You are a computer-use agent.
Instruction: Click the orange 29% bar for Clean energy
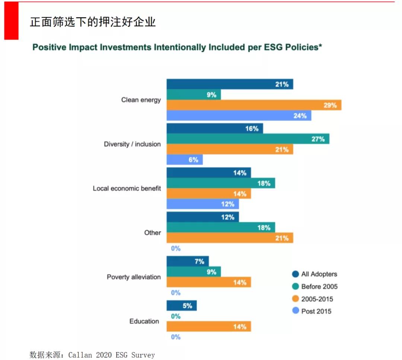(254, 105)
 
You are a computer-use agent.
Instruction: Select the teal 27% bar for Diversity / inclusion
(248, 139)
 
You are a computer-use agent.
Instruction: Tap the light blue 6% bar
(185, 160)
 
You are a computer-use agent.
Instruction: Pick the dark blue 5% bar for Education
(181, 306)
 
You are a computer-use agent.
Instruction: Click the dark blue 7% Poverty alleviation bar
(188, 262)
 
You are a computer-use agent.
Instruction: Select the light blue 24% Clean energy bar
(239, 116)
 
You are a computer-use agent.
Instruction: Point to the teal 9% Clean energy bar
(194, 95)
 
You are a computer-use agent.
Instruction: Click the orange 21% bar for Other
(230, 238)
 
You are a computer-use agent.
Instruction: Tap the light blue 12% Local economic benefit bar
(202, 204)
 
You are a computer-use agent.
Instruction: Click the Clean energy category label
(141, 100)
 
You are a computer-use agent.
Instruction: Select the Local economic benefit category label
(127, 188)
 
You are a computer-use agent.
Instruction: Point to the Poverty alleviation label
(134, 277)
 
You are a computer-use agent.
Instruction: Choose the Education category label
(144, 321)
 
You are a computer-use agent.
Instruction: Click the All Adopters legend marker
(296, 274)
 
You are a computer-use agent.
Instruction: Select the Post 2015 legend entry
(316, 311)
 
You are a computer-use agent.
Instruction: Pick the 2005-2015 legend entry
(317, 299)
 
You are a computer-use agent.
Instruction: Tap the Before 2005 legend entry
(319, 287)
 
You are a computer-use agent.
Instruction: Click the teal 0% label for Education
(176, 316)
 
